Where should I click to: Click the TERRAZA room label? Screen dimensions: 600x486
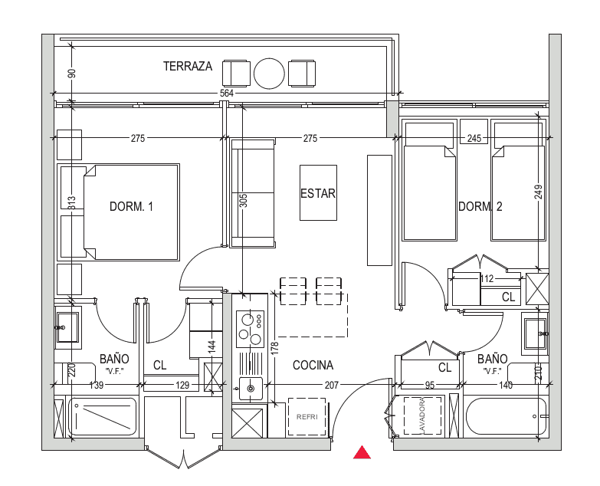(188, 66)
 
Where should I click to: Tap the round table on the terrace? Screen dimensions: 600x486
(270, 74)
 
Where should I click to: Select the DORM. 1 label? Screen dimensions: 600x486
(131, 207)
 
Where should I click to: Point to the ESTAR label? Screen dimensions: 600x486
(318, 194)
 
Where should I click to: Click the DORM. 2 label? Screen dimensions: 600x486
(480, 207)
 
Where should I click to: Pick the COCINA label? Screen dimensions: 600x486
(313, 366)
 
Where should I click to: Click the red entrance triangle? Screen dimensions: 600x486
(362, 452)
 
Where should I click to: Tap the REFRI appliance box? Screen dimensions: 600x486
(307, 417)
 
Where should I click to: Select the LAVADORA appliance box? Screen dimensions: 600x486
(422, 415)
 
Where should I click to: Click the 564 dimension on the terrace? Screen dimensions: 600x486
(227, 94)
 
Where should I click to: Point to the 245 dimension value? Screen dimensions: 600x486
(474, 138)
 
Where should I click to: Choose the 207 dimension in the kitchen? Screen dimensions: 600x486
(331, 385)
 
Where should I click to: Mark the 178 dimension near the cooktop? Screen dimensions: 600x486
(275, 348)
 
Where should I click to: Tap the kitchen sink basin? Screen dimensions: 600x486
(251, 389)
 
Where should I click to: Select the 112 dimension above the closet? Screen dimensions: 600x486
(487, 278)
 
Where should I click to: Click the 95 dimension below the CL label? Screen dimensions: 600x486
(430, 385)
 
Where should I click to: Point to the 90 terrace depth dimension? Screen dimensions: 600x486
(72, 73)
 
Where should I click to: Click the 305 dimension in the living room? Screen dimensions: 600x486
(244, 201)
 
